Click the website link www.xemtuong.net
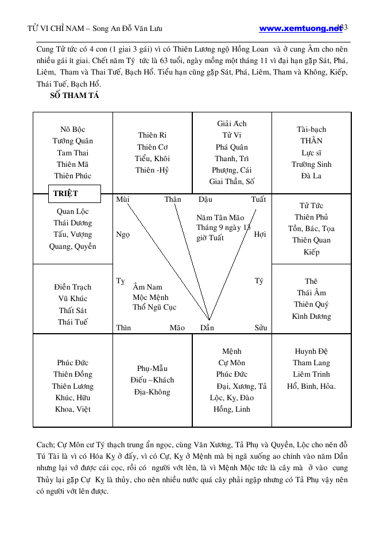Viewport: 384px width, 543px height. click(x=300, y=28)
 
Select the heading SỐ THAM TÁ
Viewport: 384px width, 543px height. click(x=75, y=96)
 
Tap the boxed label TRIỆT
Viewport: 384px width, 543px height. click(x=65, y=193)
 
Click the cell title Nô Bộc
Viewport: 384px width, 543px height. click(x=73, y=130)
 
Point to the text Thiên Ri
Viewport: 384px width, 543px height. click(x=152, y=135)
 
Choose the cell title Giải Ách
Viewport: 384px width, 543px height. click(x=232, y=124)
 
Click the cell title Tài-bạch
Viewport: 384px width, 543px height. click(x=312, y=130)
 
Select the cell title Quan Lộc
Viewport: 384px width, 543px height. click(x=73, y=211)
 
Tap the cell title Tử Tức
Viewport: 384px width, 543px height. click(x=312, y=205)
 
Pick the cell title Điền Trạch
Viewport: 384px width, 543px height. click(x=73, y=287)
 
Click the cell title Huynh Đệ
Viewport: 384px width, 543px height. click(x=312, y=351)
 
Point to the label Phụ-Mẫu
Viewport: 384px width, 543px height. click(x=152, y=368)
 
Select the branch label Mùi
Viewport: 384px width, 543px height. click(x=123, y=200)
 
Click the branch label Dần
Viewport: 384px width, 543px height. click(x=207, y=328)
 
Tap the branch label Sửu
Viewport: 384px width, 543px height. click(x=261, y=328)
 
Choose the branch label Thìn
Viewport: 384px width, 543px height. click(x=123, y=328)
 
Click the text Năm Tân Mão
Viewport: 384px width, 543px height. click(x=220, y=218)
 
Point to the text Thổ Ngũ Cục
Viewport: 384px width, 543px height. click(x=154, y=307)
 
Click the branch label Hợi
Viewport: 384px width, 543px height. click(x=260, y=234)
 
